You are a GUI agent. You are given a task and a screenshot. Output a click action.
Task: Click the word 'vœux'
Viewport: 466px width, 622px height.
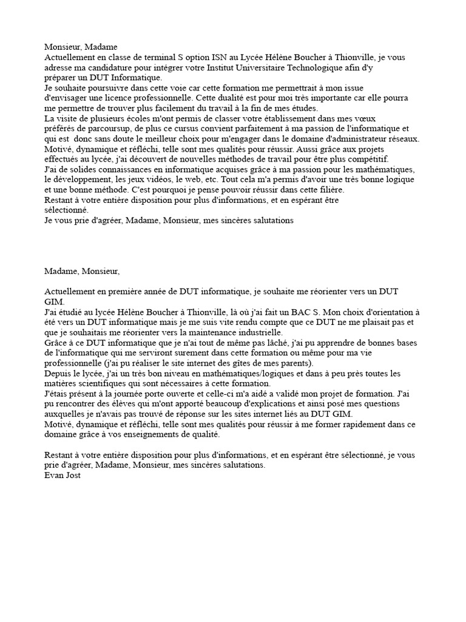[x=373, y=118]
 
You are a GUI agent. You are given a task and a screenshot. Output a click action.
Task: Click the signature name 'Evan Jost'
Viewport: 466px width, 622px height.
[x=62, y=476]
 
